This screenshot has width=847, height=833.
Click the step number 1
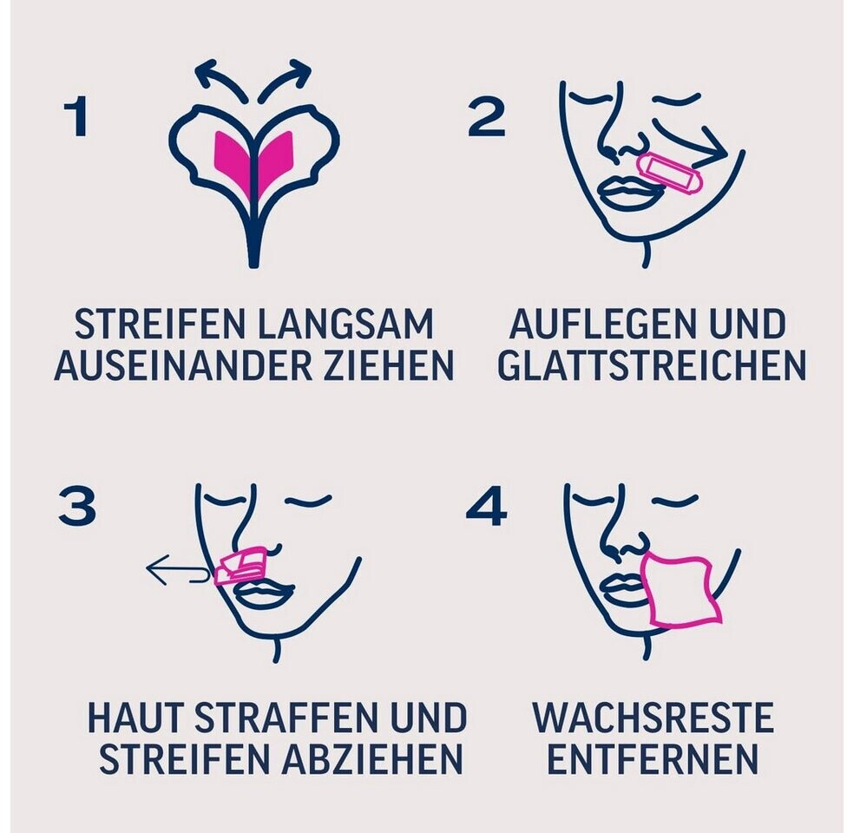[x=76, y=116]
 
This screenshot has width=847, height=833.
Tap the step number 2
[x=486, y=116]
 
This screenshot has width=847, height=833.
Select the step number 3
[x=77, y=506]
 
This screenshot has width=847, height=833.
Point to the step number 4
[x=486, y=506]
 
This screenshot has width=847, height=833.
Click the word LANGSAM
[x=345, y=325]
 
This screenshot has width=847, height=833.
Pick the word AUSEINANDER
[x=184, y=365]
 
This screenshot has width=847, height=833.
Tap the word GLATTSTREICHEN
[x=652, y=365]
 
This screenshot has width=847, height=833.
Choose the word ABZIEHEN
[x=372, y=758]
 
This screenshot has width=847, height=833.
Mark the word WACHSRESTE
[x=653, y=718]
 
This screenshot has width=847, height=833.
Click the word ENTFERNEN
[x=653, y=758]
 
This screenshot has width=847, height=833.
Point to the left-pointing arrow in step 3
[x=177, y=570]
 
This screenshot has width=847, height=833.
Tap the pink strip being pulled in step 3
[x=240, y=566]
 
